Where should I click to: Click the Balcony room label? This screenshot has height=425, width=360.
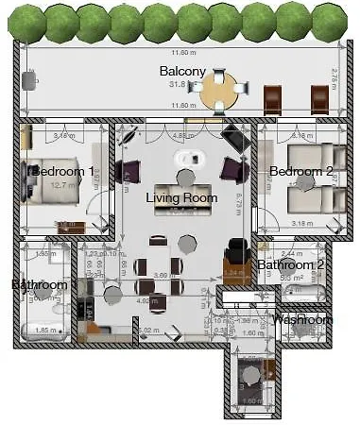(x=181, y=71)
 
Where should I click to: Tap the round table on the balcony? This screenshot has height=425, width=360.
(x=219, y=93)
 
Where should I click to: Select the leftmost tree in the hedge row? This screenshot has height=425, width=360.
(x=29, y=23)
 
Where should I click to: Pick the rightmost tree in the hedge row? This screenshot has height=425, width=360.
(x=330, y=23)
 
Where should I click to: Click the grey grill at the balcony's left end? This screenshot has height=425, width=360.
(x=28, y=81)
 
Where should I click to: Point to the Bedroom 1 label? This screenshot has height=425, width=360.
(x=63, y=172)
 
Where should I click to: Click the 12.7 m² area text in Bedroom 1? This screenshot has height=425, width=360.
(x=62, y=186)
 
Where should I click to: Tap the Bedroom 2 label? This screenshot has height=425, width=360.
(x=300, y=171)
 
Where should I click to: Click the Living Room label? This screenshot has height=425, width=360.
(x=181, y=197)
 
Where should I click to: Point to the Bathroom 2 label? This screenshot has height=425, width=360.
(x=291, y=264)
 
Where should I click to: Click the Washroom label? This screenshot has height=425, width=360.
(x=302, y=319)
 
